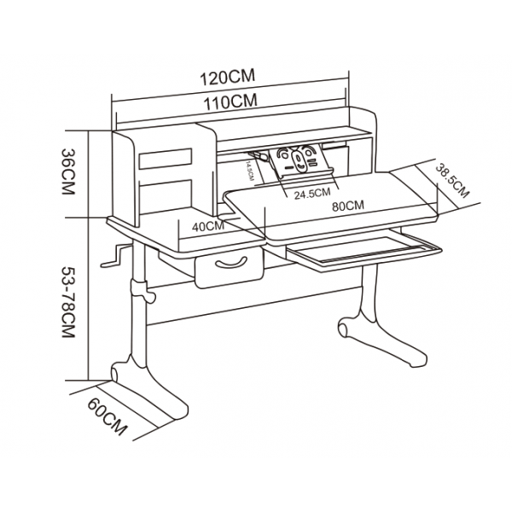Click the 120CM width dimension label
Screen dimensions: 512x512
coord(227,77)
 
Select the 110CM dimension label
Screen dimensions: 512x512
coord(230,101)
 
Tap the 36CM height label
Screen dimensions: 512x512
coord(68,172)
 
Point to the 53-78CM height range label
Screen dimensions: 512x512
coord(68,302)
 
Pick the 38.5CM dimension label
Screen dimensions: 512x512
coord(452,181)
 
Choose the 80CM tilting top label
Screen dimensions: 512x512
coord(348,206)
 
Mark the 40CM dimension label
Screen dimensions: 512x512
coord(208,226)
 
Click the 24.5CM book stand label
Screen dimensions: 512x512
coord(312,194)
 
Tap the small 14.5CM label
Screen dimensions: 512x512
coord(250,171)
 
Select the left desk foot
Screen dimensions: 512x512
coord(149,388)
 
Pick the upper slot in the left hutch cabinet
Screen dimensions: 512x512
coord(166,159)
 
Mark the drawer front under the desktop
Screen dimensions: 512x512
coord(230,267)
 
